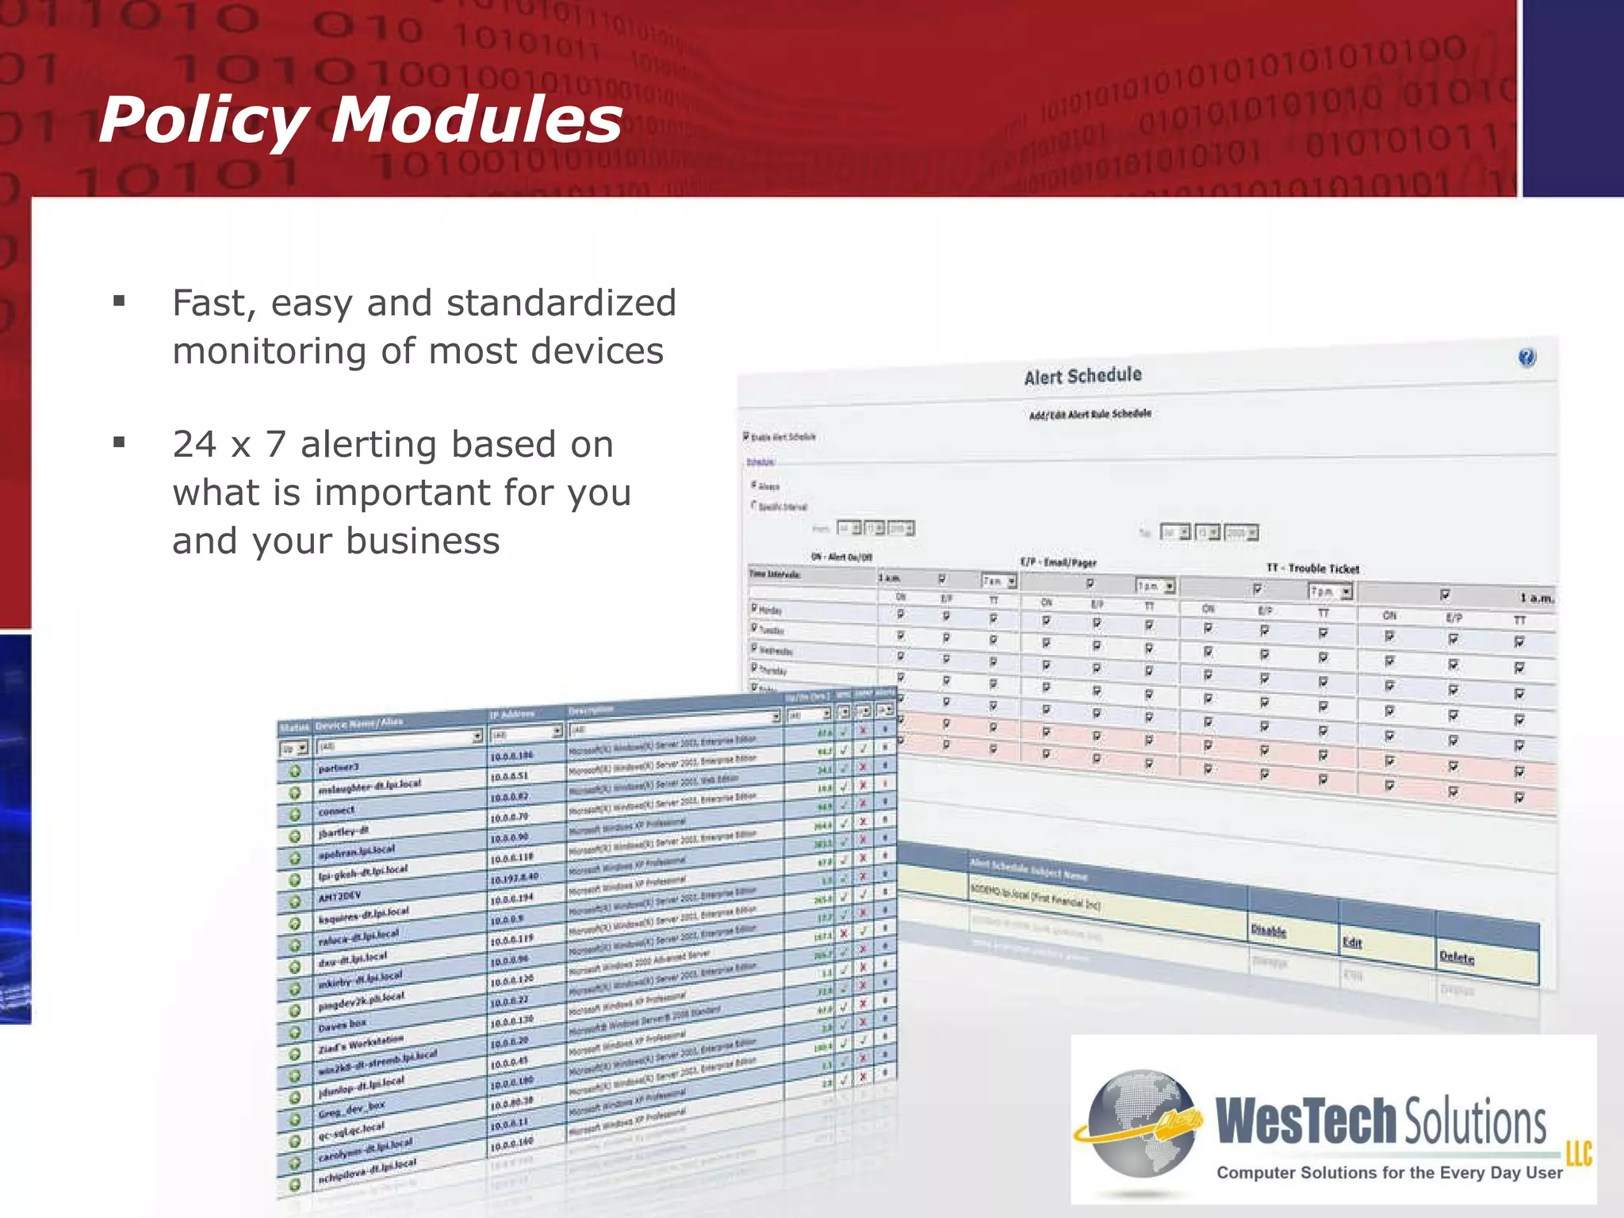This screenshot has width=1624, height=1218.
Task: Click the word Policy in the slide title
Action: (203, 121)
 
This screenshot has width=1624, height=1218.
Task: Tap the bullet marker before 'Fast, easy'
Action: (119, 301)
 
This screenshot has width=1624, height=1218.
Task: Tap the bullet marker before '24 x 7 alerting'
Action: (119, 442)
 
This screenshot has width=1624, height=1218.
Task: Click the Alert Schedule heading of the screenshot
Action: (1082, 375)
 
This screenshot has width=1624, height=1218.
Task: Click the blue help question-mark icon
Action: (1526, 358)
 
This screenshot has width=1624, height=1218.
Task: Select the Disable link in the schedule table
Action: (1268, 930)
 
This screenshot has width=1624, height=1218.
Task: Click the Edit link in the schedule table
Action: (1352, 942)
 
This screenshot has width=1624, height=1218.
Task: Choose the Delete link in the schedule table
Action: (1457, 957)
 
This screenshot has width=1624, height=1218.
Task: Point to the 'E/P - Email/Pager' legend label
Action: (1058, 562)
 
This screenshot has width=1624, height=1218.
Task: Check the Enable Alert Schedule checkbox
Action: (746, 436)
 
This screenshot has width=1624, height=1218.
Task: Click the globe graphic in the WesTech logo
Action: (1142, 1122)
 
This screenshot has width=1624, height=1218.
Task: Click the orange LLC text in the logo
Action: (1578, 1153)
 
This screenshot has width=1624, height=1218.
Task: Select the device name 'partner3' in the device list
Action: (339, 768)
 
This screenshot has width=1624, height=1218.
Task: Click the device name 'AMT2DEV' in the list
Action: (339, 897)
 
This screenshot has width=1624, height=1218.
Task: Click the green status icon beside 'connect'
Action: (294, 814)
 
